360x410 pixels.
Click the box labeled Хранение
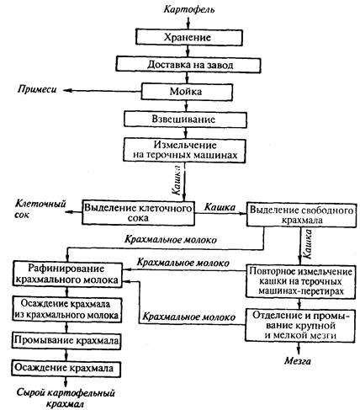point(189,37)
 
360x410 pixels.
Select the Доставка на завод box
point(188,65)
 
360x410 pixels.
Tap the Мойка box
point(187,92)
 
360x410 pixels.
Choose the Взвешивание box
point(185,120)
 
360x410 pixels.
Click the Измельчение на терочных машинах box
point(184,150)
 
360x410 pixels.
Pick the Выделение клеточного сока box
point(138,212)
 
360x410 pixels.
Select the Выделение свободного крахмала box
point(301,214)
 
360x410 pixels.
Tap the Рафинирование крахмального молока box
point(67,274)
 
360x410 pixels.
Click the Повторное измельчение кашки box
point(301,281)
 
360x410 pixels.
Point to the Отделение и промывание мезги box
point(300,325)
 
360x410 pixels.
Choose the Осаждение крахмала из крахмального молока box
point(67,310)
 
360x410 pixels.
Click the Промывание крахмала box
point(66,341)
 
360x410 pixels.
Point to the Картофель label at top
point(189,9)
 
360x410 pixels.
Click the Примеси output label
point(37,89)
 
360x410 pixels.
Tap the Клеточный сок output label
point(40,209)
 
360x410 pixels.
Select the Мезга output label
point(298,360)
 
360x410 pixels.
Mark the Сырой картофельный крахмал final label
point(66,398)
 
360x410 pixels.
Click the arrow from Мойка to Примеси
point(102,91)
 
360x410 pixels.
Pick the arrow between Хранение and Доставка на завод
point(188,51)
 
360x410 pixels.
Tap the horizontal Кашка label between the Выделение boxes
point(220,207)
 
